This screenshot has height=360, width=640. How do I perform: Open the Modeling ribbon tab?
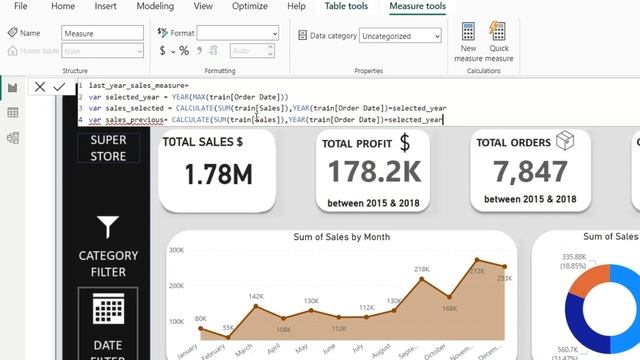pos(155,7)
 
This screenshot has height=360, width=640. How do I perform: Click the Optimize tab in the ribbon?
pos(249,7)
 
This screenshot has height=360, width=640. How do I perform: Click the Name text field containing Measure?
pos(101,33)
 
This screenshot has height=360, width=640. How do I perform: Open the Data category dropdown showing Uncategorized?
pos(401,36)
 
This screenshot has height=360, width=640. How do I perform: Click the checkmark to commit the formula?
pos(59,87)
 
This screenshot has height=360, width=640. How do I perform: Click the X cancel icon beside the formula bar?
pos(40,87)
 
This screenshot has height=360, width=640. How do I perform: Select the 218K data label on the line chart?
pos(422,269)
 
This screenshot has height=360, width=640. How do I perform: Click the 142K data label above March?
pos(256,296)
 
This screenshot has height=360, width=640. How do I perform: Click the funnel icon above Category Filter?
pos(108,227)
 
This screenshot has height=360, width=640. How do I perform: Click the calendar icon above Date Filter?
pos(108,312)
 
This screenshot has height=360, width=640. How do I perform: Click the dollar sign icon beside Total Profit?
pos(405,143)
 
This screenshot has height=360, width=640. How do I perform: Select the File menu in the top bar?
pos(20,7)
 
